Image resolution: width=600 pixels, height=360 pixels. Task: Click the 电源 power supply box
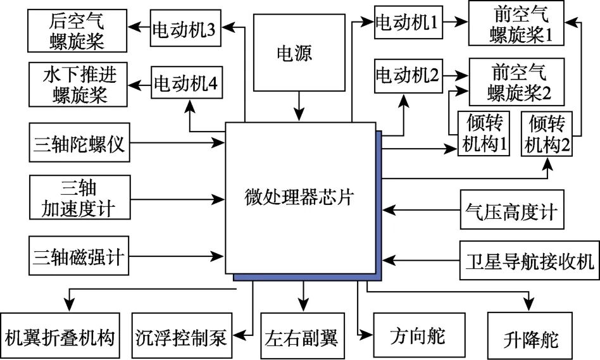tap(294, 54)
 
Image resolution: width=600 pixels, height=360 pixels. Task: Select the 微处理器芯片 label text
tap(299, 197)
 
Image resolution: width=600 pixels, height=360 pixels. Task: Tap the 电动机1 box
tap(407, 23)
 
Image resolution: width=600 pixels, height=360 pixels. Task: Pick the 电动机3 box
tap(185, 29)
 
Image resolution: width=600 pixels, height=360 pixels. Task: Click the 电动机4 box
tap(185, 83)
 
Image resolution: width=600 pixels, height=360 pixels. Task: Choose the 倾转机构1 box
tap(484, 132)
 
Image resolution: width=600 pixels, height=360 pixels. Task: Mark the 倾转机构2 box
tap(547, 132)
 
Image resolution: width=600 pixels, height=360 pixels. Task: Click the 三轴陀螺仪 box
tap(80, 143)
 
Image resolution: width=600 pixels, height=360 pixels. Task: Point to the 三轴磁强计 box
tap(80, 257)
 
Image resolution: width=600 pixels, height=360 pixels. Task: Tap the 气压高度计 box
tap(510, 211)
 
